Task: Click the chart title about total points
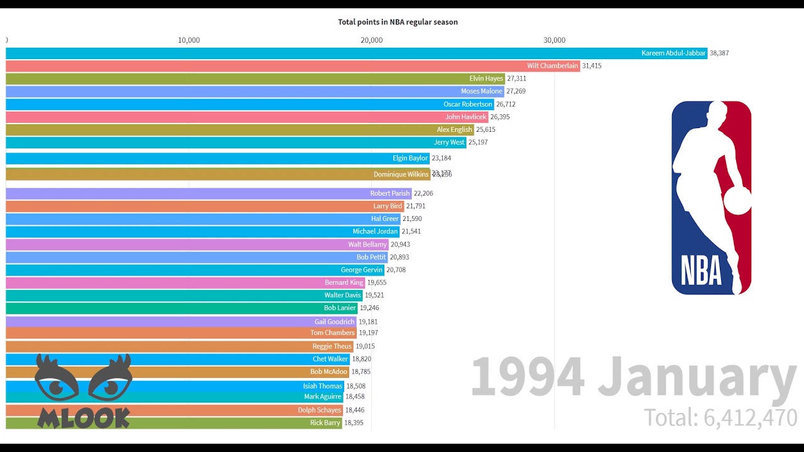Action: [x=398, y=22]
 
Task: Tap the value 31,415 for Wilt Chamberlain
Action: [x=592, y=66]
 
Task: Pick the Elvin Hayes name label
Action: [x=486, y=78]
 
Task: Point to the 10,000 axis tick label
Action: [x=188, y=40]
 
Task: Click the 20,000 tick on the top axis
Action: [x=371, y=40]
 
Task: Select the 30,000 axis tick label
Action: [x=554, y=40]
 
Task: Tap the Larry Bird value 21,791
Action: [x=416, y=206]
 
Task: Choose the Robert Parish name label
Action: [x=389, y=193]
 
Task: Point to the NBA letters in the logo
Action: [x=701, y=271]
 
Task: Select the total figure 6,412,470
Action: [x=750, y=417]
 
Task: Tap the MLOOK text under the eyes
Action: [x=84, y=417]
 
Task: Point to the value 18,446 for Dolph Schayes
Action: [x=354, y=410]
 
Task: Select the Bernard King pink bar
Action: [x=185, y=282]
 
